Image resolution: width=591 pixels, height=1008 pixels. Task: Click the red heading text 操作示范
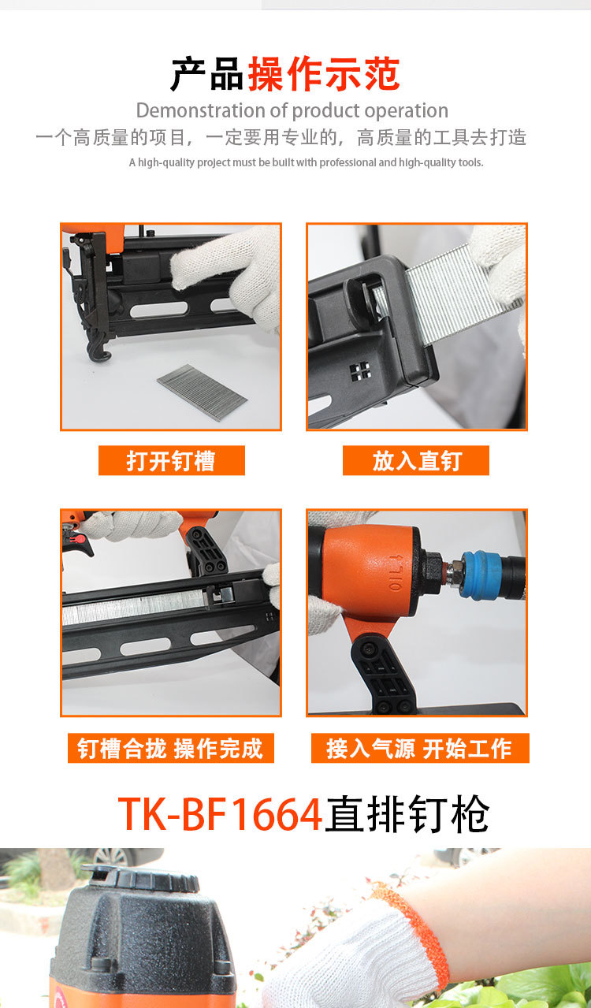tap(324, 73)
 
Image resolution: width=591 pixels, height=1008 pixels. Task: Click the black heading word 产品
tap(207, 73)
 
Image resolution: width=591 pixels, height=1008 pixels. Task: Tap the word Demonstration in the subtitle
tap(201, 110)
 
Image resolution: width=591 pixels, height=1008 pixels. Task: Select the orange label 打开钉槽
tap(171, 460)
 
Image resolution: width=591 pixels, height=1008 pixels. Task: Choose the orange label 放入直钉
tap(416, 460)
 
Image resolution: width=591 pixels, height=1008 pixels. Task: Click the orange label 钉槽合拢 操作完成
tap(171, 748)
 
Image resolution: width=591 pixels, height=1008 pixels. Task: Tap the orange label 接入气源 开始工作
tap(420, 748)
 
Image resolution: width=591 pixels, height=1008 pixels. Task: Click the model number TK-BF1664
tap(220, 813)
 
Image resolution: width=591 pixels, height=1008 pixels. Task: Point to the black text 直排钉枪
tap(407, 813)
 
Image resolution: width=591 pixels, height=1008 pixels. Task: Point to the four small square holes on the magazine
tap(360, 370)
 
